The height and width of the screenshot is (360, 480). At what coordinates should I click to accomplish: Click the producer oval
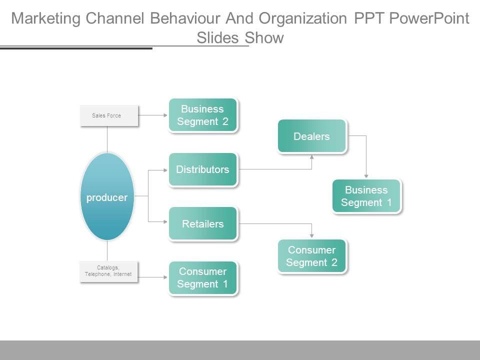107,197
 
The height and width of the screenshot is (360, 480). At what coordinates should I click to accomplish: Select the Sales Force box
109,115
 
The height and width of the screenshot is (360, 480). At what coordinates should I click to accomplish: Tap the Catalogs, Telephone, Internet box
108,271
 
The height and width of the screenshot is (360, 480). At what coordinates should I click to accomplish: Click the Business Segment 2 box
202,115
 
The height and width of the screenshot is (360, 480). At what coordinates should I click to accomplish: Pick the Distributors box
202,169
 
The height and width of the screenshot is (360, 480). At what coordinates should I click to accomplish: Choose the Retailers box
202,223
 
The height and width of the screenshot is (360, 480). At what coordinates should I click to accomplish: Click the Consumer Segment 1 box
202,278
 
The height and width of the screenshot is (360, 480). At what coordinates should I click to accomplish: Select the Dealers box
311,136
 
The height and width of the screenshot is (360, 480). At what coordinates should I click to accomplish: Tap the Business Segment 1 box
366,196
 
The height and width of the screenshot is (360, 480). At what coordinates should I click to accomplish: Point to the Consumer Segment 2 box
311,256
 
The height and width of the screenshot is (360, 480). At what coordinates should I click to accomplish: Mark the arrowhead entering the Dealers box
312,156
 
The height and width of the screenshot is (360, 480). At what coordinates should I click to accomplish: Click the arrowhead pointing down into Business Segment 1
366,175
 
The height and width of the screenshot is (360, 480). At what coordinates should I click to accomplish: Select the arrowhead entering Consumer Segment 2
312,235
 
